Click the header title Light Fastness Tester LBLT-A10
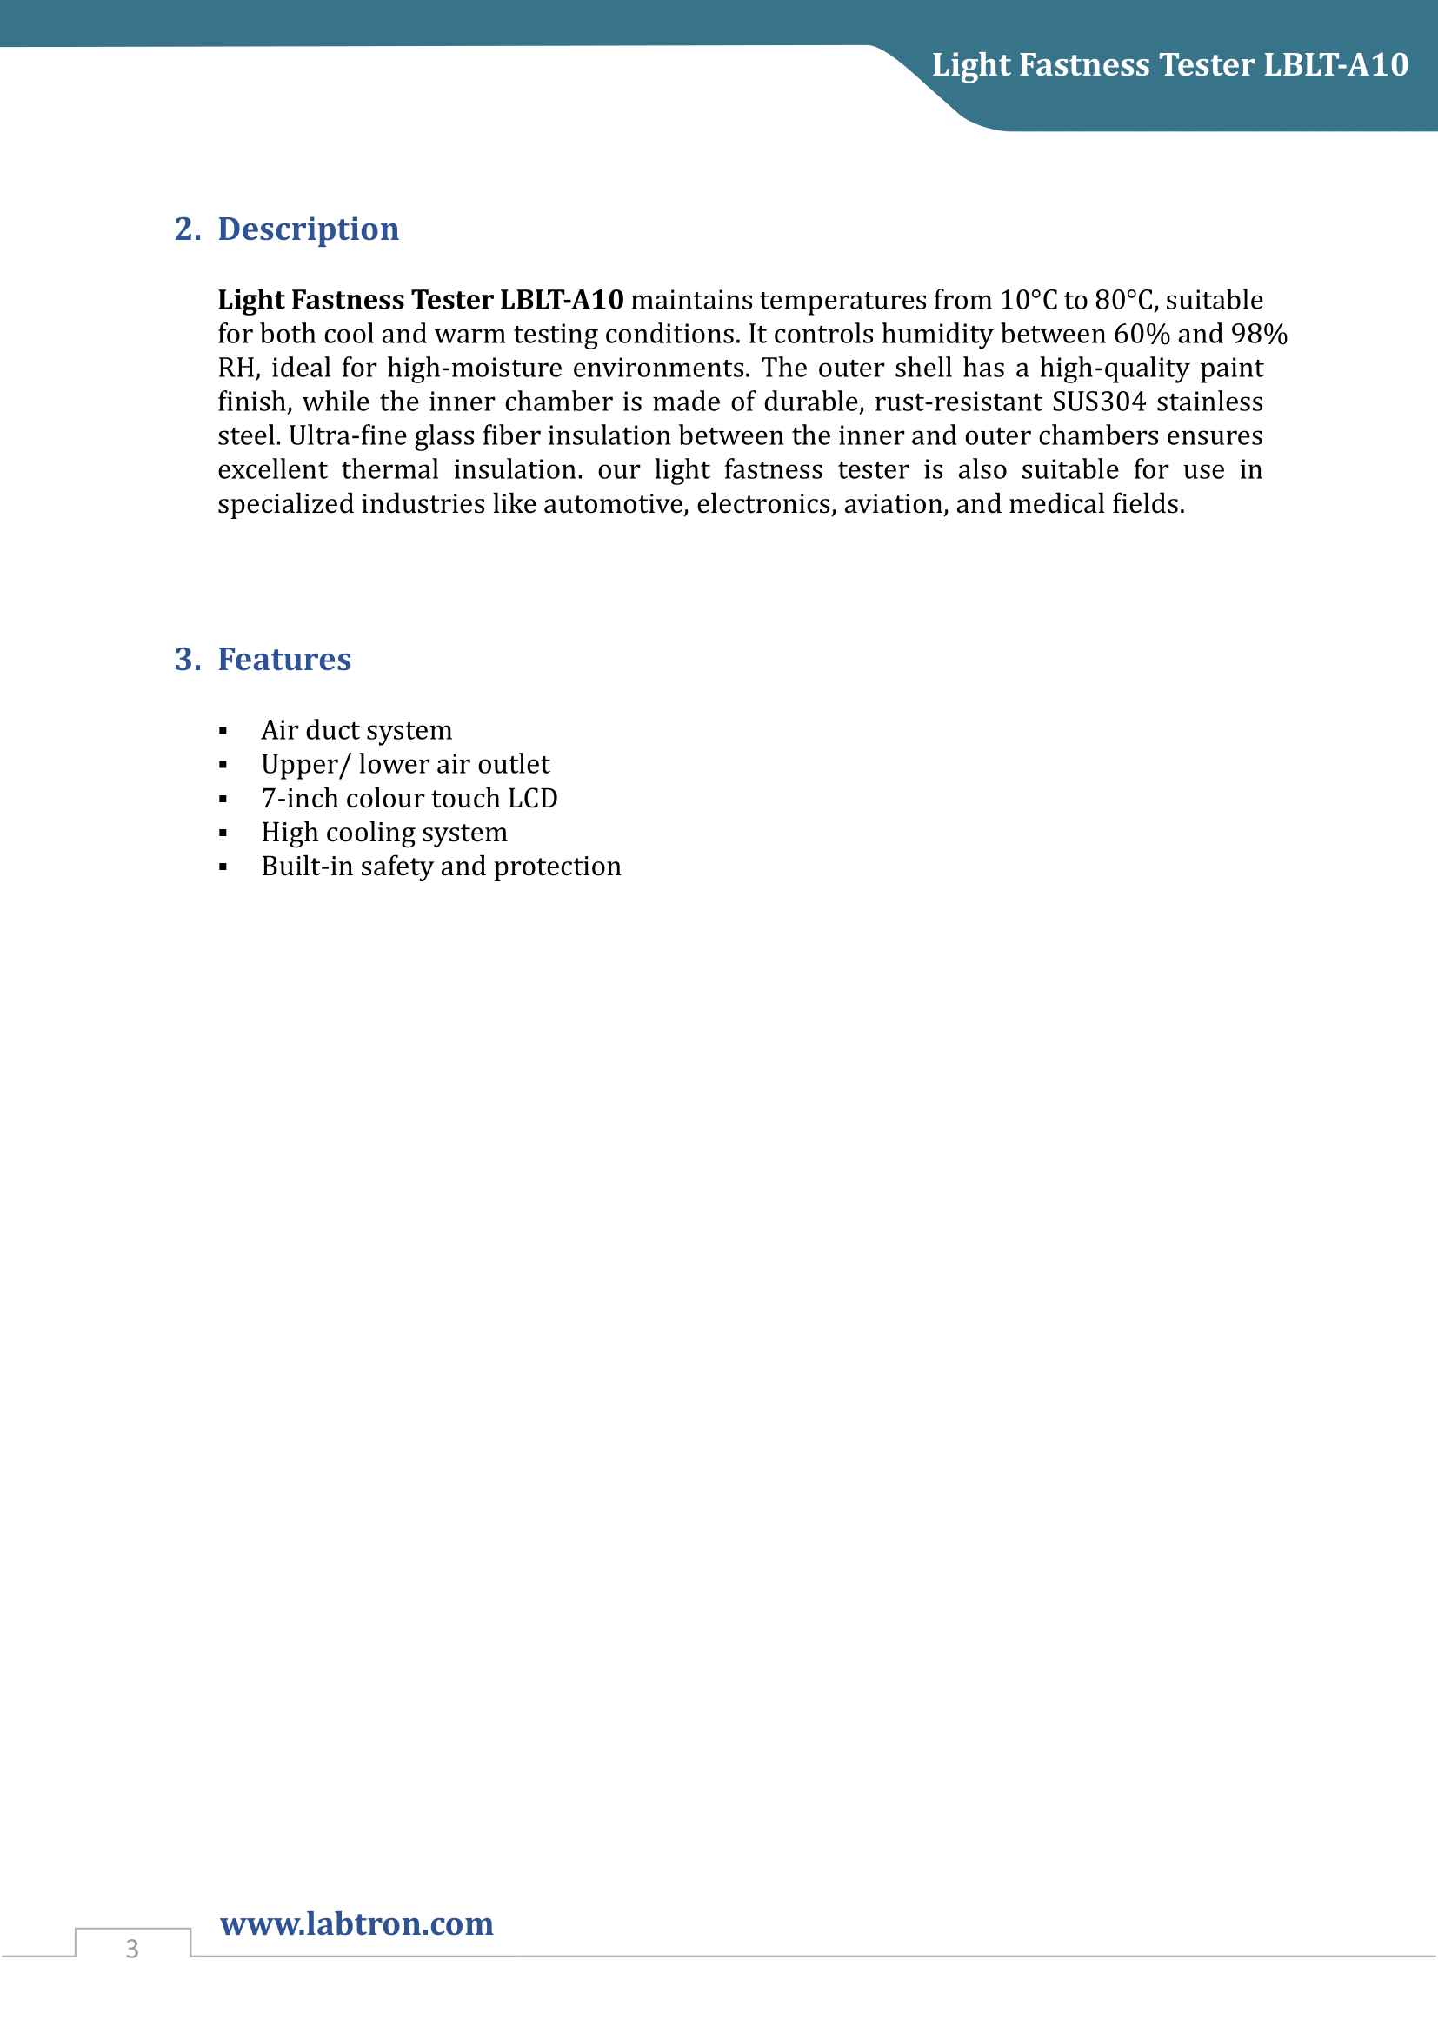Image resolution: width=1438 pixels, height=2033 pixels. [x=1169, y=65]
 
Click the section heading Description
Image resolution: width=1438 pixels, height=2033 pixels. [x=308, y=229]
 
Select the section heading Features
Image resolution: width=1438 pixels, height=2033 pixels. [x=284, y=660]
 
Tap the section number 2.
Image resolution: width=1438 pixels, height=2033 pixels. [x=187, y=229]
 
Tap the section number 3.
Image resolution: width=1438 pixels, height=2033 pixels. [x=187, y=660]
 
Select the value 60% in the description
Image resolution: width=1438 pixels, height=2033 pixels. [x=1142, y=335]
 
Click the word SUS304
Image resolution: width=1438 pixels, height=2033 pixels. [x=1098, y=402]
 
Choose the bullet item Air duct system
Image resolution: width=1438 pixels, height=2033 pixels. [x=356, y=730]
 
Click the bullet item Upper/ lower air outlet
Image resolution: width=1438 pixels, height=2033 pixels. [x=404, y=764]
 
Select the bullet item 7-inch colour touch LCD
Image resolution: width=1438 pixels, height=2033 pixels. [x=409, y=799]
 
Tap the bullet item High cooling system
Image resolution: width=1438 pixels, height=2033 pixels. [x=384, y=833]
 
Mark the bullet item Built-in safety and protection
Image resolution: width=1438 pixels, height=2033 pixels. [x=441, y=866]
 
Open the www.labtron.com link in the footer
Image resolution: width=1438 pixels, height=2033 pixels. [x=356, y=1923]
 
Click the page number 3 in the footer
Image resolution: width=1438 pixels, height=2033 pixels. [x=132, y=1948]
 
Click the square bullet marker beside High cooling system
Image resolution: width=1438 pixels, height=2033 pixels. [x=223, y=834]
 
